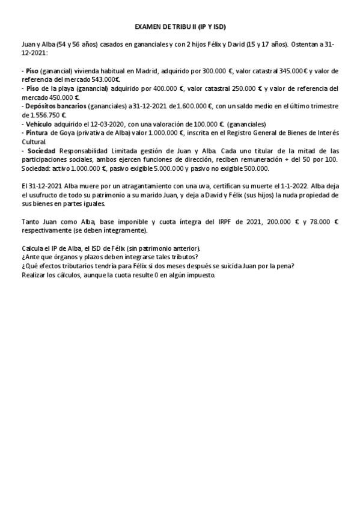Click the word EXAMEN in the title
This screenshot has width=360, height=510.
point(148,27)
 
